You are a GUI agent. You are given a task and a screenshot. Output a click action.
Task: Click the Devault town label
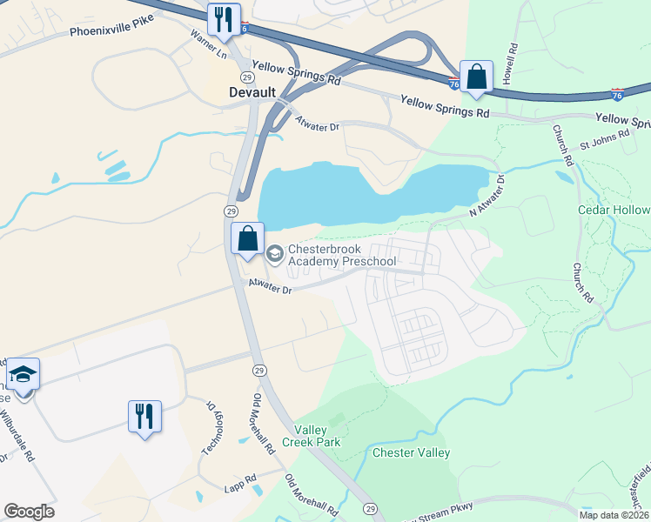(x=252, y=92)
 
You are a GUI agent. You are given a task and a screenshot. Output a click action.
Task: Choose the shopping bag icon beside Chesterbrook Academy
(x=247, y=238)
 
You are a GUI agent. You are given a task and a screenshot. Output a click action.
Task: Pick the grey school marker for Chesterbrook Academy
(x=274, y=253)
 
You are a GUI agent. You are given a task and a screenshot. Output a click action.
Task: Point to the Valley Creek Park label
(x=318, y=436)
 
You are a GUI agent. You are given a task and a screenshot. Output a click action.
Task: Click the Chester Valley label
(x=411, y=452)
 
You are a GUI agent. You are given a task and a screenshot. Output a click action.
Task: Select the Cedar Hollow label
(x=614, y=211)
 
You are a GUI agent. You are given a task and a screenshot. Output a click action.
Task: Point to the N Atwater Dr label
(x=487, y=195)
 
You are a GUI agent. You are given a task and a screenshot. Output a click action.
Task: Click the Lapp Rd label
(x=238, y=478)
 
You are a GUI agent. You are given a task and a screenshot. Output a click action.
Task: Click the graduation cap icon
(x=23, y=374)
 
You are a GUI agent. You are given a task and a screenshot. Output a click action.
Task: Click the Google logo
(x=29, y=512)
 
